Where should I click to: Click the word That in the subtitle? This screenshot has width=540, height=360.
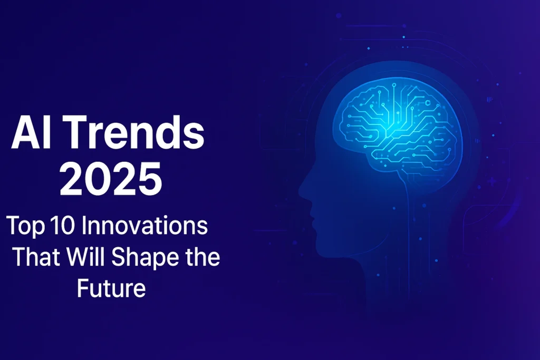35,258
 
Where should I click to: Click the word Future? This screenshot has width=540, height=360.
111,289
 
